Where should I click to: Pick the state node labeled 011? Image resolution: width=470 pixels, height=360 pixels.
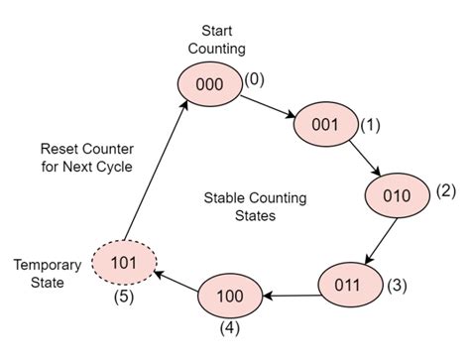coord(349,285)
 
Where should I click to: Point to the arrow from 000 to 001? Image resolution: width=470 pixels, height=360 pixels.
coord(267,104)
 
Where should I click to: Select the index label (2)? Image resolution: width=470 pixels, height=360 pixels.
coord(445,190)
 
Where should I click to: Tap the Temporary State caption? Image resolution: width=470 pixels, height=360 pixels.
coord(43,274)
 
